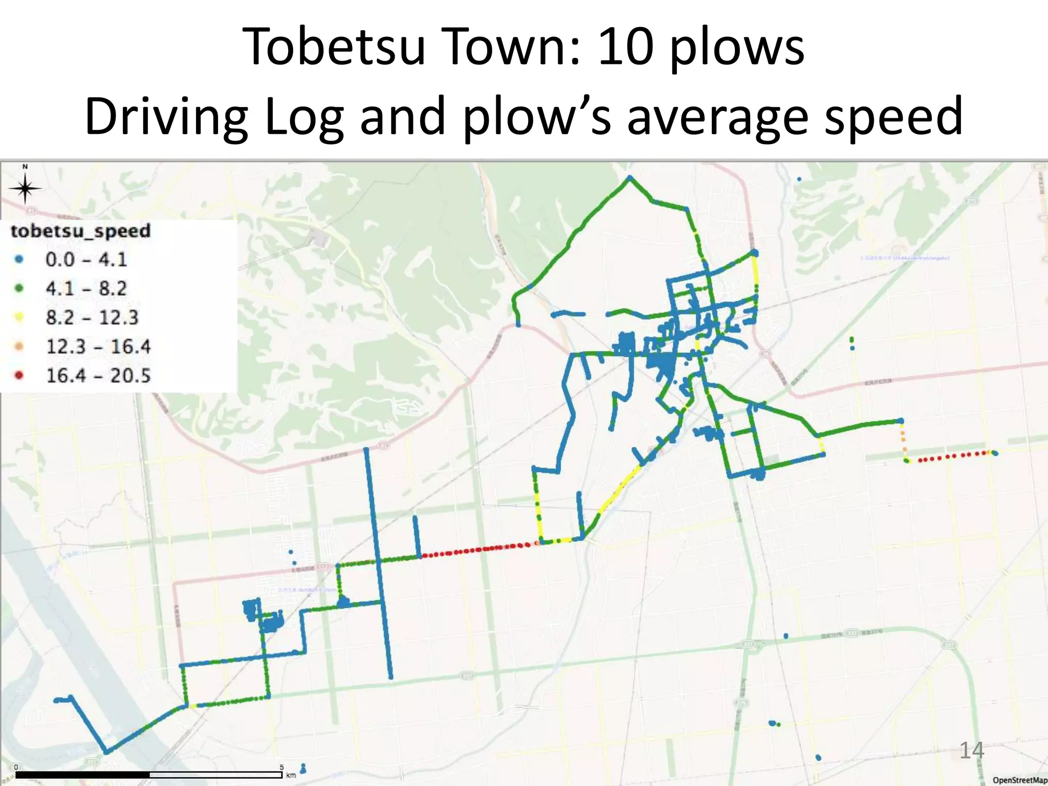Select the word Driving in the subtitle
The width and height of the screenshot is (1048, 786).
tap(167, 117)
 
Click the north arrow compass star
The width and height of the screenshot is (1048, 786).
tap(25, 189)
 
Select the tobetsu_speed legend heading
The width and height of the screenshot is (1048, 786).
tap(81, 231)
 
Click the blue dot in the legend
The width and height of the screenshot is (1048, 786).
tap(19, 259)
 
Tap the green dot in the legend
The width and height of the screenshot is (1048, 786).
tap(19, 288)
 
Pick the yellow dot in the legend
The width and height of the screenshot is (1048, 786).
tap(19, 317)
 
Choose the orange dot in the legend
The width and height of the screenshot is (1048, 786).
tap(19, 346)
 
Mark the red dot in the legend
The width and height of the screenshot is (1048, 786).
tap(19, 376)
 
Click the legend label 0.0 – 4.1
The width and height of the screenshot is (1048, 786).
tap(86, 259)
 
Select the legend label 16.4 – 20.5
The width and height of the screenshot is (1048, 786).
tap(98, 376)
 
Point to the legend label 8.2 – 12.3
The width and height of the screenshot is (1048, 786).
tap(92, 317)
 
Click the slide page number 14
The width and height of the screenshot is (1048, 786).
tap(971, 751)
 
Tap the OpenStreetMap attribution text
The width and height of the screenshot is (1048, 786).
tap(1019, 780)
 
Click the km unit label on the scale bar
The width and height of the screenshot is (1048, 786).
tap(291, 775)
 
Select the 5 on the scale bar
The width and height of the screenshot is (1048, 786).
tap(281, 767)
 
